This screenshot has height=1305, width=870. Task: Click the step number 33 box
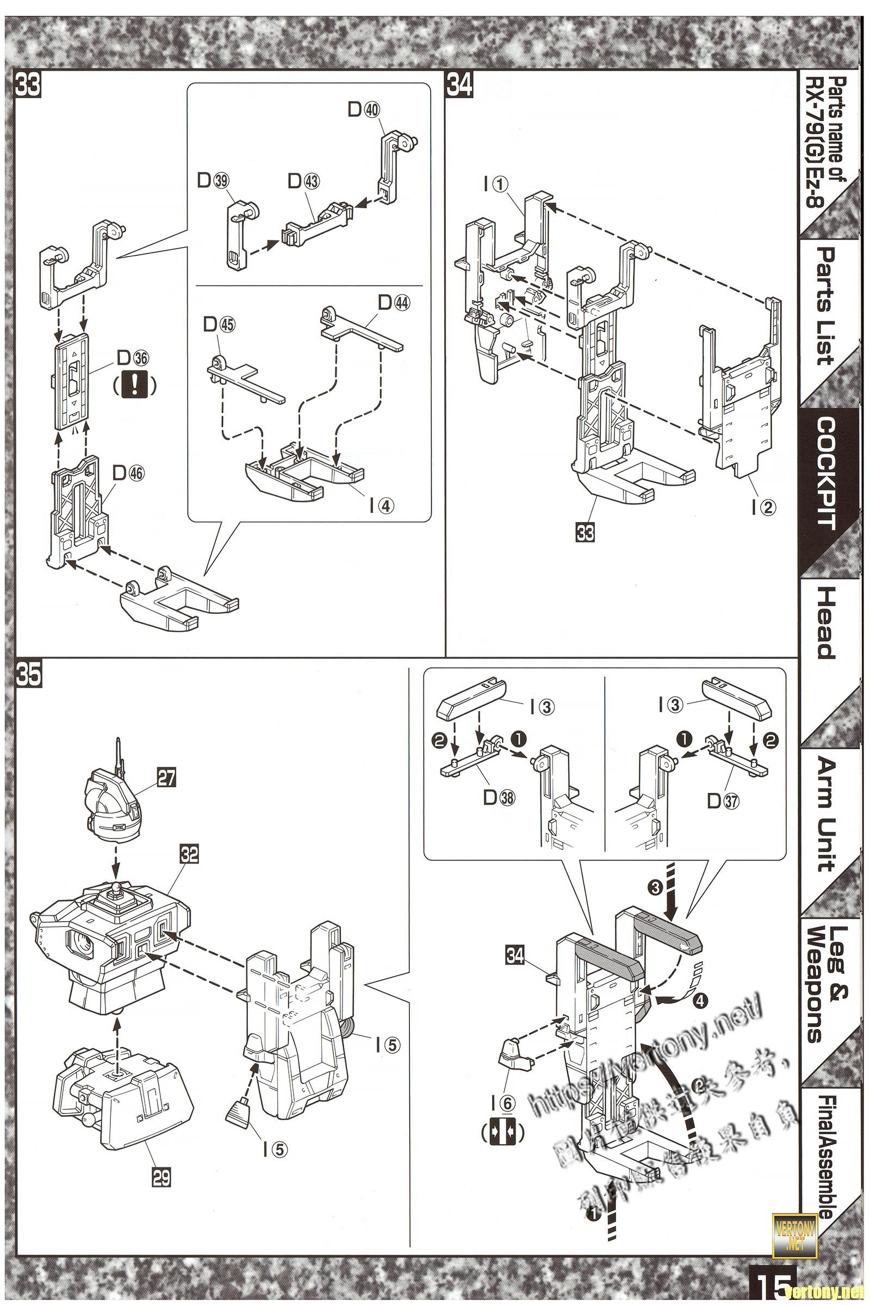[x=28, y=85]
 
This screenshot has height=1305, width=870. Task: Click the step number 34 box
[x=459, y=85]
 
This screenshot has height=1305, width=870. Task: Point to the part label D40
[x=364, y=110]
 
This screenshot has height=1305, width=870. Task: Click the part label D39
[x=213, y=181]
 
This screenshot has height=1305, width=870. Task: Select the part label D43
[x=303, y=181]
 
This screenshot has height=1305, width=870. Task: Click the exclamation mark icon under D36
[x=133, y=384]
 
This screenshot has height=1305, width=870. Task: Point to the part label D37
[x=724, y=800]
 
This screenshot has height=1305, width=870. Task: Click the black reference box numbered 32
[x=189, y=854]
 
